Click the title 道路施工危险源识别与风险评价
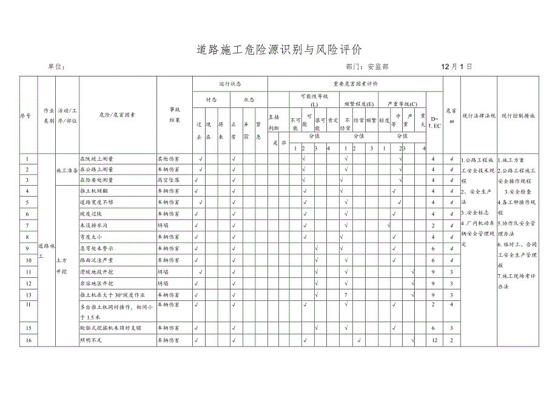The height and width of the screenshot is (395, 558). click(279, 49)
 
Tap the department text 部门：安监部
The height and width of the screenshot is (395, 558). click(367, 67)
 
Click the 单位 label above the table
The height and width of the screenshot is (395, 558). click(55, 67)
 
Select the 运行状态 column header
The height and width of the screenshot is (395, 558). click(230, 84)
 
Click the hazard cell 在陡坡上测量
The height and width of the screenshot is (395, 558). click(97, 159)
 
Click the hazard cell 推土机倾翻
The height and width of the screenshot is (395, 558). click(95, 191)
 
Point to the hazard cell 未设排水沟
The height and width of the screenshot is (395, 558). click(95, 225)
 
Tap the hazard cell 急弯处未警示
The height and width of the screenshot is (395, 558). click(97, 248)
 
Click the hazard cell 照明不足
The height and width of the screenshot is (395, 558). click(93, 340)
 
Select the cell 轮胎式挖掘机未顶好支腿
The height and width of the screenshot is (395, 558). click(110, 328)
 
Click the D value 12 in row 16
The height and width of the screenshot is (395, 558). click(434, 340)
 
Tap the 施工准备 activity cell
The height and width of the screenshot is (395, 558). click(66, 170)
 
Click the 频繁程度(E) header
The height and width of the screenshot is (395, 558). click(359, 105)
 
